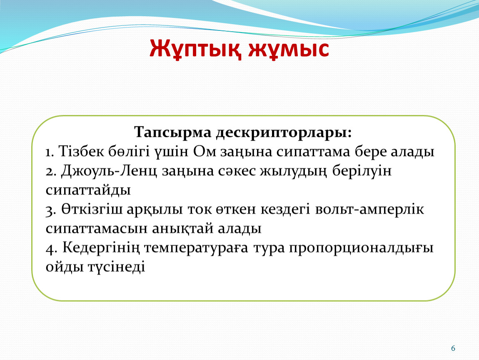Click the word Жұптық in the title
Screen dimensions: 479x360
click(x=195, y=49)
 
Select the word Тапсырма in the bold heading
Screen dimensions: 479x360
click(x=173, y=133)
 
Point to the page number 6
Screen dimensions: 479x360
click(x=453, y=348)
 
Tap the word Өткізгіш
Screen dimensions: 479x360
click(x=92, y=209)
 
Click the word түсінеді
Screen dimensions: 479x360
click(x=116, y=267)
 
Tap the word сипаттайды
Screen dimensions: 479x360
click(x=88, y=191)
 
